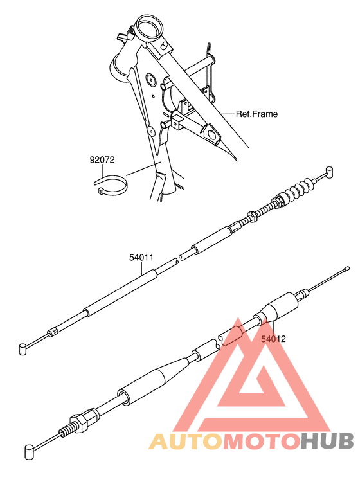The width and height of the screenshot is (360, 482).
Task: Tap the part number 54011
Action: click(x=141, y=257)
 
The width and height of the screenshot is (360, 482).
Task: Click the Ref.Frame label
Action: click(x=256, y=114)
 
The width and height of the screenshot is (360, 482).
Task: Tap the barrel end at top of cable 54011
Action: click(x=330, y=170)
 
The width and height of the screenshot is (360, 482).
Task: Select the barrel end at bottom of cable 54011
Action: click(x=24, y=348)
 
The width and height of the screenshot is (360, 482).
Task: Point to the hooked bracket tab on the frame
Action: click(x=210, y=50)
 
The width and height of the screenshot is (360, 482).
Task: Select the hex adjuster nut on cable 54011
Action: click(x=251, y=219)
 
